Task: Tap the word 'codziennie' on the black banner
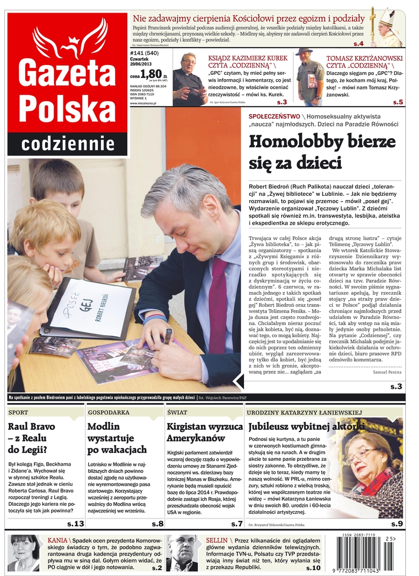click(68, 143)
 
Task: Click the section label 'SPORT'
click(19, 413)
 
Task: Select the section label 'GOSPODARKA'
click(108, 413)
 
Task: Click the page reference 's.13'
click(75, 524)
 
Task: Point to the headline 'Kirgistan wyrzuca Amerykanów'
click(204, 433)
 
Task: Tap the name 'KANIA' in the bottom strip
click(57, 540)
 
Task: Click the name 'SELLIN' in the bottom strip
click(216, 540)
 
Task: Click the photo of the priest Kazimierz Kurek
click(189, 79)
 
